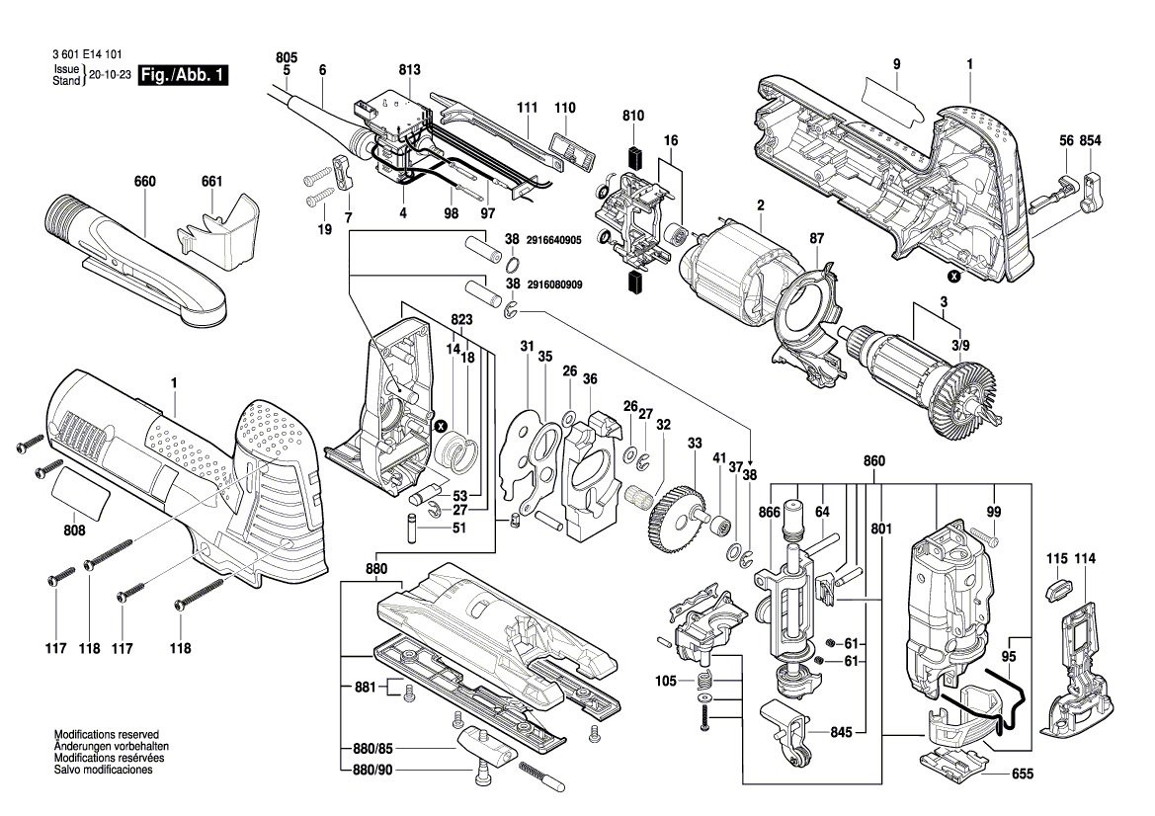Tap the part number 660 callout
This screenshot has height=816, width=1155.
click(145, 182)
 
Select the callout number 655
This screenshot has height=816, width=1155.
click(1023, 775)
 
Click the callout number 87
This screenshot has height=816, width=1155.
click(816, 239)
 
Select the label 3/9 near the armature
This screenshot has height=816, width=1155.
click(959, 345)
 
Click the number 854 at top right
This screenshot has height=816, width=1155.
click(1090, 141)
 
